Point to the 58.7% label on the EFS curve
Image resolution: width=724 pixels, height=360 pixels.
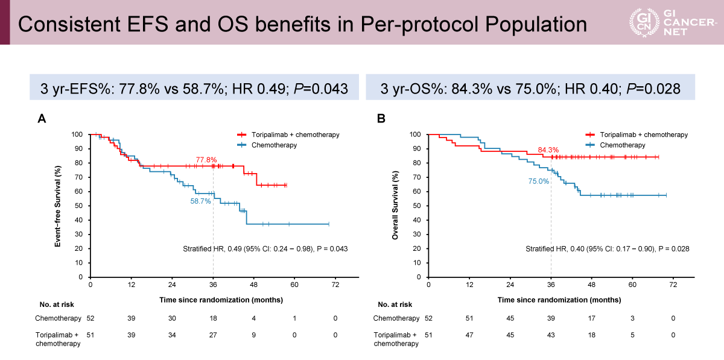coord(201,201)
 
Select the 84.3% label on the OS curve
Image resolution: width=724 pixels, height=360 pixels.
coord(548,150)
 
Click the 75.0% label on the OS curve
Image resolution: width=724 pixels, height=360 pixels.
coord(539,180)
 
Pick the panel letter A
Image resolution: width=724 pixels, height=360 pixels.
coord(42,119)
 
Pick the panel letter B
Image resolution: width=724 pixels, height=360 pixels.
coord(381,119)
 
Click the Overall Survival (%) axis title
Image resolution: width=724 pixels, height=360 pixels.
coord(396,206)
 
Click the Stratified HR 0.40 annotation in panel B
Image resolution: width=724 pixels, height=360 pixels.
coord(607,248)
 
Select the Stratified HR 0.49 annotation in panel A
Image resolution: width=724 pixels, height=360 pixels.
coord(265,248)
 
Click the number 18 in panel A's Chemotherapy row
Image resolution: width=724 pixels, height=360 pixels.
coord(213,318)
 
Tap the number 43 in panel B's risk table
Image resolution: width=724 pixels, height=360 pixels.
coord(551,335)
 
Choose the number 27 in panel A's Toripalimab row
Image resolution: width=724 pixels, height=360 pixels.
coord(213,335)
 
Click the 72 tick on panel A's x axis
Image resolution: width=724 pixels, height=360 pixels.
coord(335,285)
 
